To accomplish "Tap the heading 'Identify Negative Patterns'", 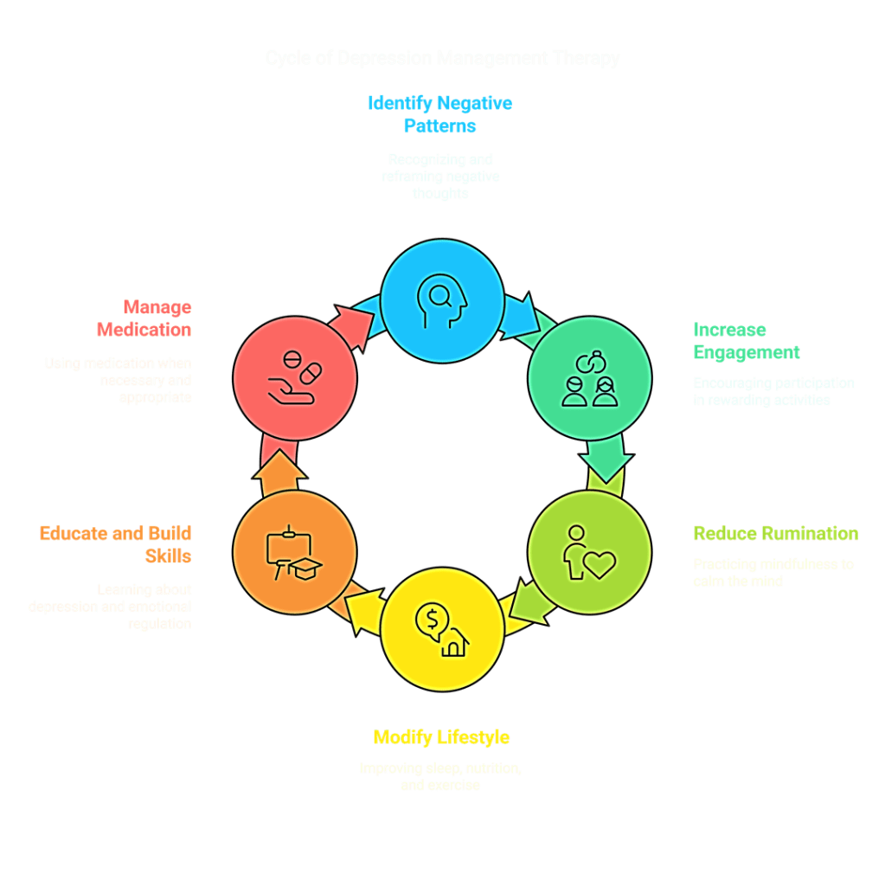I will pyautogui.click(x=440, y=114).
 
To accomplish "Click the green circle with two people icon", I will pyautogui.click(x=588, y=377).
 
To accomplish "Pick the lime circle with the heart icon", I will pyautogui.click(x=588, y=552).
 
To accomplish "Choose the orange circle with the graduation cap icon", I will pyautogui.click(x=295, y=552).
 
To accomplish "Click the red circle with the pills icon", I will pyautogui.click(x=295, y=377).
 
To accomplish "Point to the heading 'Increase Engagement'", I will pyautogui.click(x=746, y=341).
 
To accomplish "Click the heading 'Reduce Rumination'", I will pyautogui.click(x=775, y=534).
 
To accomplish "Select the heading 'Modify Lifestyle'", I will pyautogui.click(x=441, y=738).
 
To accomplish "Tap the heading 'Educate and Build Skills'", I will pyautogui.click(x=115, y=544).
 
